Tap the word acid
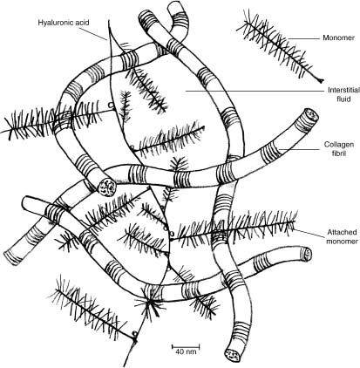82,23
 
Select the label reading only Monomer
338,37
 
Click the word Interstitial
343,90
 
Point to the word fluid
343,99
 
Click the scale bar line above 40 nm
186,346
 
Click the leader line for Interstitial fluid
255,91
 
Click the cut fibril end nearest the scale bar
233,353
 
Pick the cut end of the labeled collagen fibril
311,115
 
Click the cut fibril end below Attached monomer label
307,255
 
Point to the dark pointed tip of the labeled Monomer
321,80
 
